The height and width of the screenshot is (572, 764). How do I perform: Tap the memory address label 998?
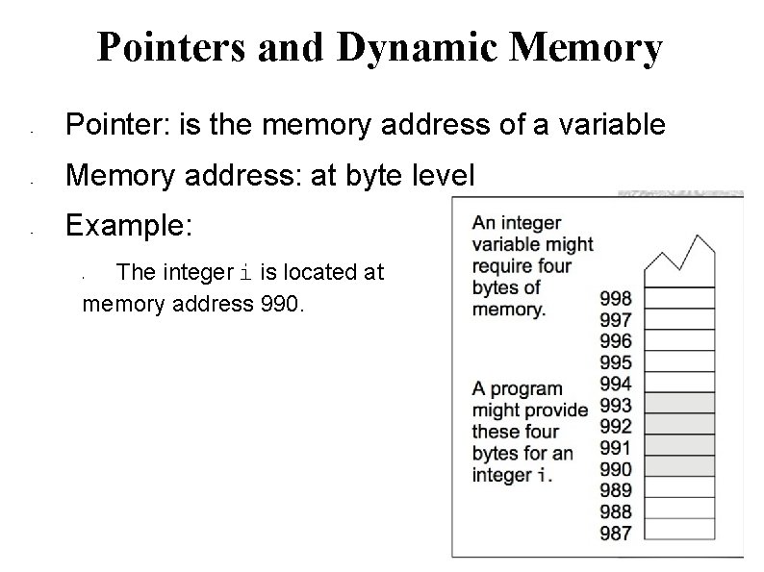pos(615,298)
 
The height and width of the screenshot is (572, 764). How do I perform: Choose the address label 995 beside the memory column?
pos(615,362)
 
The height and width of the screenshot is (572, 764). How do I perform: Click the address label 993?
pos(615,406)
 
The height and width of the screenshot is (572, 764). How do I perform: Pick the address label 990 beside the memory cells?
pos(615,469)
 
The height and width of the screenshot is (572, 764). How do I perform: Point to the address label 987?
pos(615,533)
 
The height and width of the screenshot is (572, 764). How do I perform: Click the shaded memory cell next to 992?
pos(679,424)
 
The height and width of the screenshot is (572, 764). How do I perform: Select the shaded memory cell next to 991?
pos(679,445)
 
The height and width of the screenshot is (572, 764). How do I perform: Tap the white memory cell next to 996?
pos(679,339)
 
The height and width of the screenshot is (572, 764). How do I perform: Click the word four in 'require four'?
pos(550,266)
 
